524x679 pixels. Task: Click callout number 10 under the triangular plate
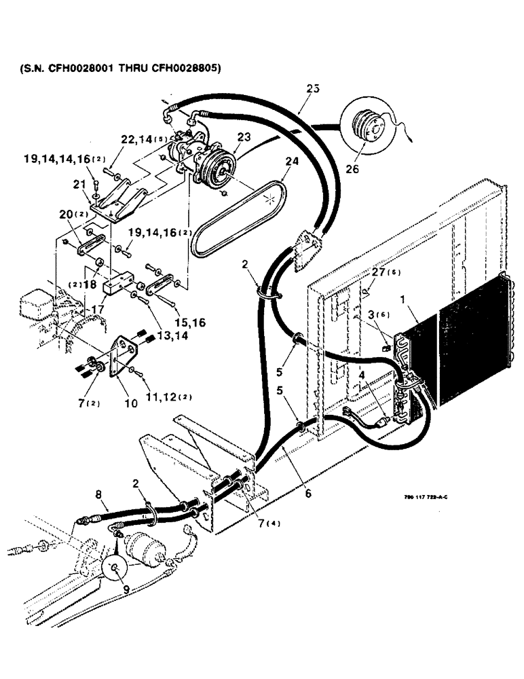131,403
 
